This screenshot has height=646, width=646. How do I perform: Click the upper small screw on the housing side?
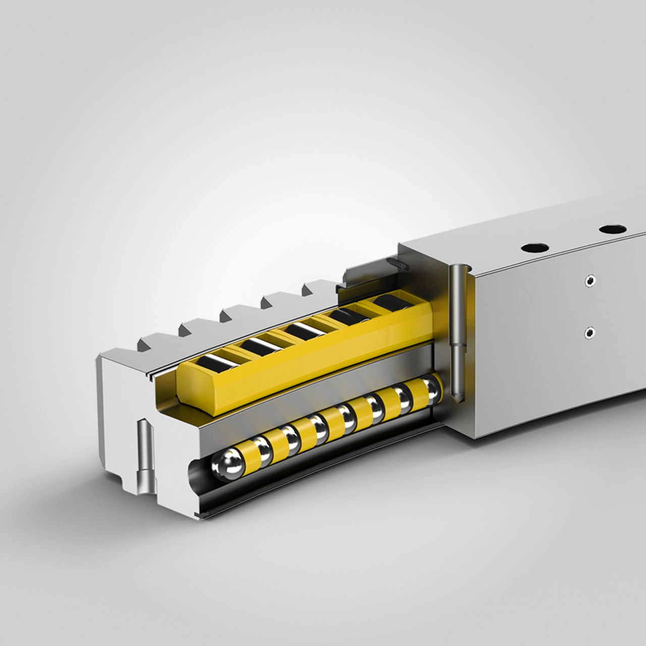tap(588, 281)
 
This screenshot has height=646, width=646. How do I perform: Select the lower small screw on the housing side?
tap(588, 332)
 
